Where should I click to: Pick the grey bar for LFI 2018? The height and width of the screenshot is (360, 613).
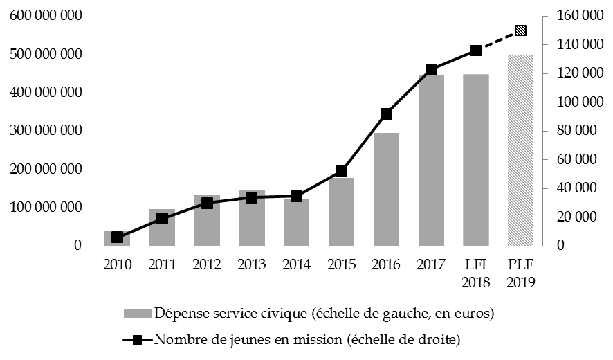pos(476,159)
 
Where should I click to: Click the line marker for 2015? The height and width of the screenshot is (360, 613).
pos(342,170)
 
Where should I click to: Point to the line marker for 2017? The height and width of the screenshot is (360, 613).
pos(431,69)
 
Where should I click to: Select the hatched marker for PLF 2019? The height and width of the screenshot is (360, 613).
pos(520,30)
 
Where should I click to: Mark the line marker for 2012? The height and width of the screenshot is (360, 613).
pos(207,203)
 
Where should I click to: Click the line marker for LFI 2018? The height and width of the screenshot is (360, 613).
pos(476,51)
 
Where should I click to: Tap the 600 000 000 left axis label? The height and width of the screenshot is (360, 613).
pos(46,16)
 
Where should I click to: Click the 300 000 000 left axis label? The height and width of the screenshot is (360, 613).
pos(46,131)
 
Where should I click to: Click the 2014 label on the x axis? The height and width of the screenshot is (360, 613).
pos(296,265)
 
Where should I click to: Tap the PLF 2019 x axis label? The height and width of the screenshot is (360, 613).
pos(520,273)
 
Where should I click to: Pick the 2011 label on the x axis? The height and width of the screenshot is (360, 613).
pos(162,265)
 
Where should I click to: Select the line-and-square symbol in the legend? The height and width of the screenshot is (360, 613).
pos(138,339)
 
